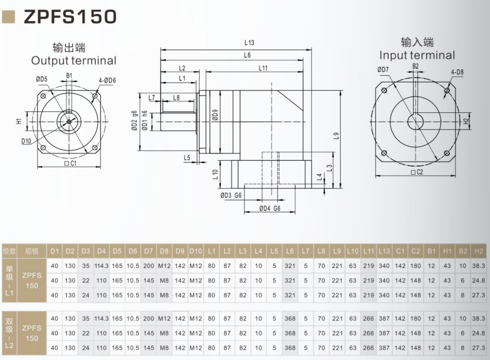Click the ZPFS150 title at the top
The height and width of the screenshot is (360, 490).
(70, 17)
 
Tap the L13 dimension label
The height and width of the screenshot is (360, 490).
(249, 43)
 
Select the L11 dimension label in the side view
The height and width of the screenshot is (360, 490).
(263, 68)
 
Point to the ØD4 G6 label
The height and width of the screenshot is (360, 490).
(270, 208)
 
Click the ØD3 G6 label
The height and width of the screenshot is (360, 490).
(231, 195)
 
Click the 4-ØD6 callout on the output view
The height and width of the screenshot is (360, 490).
(107, 81)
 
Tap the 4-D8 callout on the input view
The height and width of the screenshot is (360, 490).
(457, 72)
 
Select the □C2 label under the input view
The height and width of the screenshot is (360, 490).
(417, 172)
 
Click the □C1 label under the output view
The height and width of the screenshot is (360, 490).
(70, 163)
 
